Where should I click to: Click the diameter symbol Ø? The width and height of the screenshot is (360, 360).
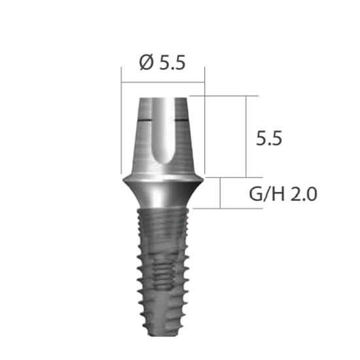coord(147,63)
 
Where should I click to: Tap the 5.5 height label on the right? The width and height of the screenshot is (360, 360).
coord(270,138)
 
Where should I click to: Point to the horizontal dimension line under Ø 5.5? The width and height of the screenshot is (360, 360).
coord(163,82)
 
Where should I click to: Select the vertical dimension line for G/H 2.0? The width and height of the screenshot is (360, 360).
coord(221,192)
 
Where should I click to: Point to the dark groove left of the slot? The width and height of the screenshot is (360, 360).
coord(146,122)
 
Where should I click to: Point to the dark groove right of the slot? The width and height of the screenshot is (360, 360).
coord(181,122)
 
